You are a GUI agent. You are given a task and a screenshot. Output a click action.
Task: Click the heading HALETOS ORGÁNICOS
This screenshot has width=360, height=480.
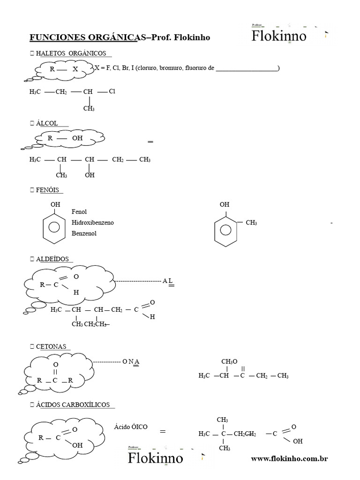pos(71,53)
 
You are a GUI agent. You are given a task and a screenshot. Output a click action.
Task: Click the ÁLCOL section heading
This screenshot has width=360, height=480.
pos(47,123)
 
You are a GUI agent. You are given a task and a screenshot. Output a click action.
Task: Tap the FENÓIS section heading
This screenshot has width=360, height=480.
pos(47,190)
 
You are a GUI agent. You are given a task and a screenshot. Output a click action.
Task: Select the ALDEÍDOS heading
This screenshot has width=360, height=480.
pos(52,259)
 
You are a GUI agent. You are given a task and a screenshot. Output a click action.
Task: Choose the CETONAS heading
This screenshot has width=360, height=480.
pos(51,346)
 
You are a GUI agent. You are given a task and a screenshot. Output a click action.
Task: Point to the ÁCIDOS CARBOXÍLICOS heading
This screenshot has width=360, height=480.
pos(73,405)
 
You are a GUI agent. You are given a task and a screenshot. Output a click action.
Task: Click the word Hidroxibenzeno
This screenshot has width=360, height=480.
pos(92,223)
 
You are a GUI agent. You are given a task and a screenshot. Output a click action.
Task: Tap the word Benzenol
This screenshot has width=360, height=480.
pos(84,233)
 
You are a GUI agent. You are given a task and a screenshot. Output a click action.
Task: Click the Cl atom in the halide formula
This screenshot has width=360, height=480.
pos(112,91)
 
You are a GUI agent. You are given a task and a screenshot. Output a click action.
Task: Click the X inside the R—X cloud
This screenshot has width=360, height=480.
pos(75,69)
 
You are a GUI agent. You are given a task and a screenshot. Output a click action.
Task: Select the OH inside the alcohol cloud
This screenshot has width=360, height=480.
pos(77,138)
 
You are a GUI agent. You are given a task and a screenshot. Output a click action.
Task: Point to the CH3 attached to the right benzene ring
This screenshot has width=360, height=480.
pos(251,223)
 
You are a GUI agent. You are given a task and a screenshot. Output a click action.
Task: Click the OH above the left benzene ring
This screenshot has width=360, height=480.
pos(55,204)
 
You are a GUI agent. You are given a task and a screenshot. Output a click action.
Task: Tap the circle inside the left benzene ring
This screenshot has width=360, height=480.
pos(54,227)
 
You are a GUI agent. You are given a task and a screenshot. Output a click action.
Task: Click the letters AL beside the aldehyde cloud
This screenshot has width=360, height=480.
pos(168,281)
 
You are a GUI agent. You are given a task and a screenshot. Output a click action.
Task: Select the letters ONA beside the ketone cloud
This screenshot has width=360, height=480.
pos(131,361)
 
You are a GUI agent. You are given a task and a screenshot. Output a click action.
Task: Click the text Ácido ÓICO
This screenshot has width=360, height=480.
pos(131,427)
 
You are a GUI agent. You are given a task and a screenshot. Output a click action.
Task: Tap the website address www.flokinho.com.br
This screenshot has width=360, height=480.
pos(289,458)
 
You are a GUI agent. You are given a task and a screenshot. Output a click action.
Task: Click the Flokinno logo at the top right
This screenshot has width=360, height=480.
pos(279,36)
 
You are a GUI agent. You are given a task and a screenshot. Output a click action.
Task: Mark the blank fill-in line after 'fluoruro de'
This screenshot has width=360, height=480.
pos(247,70)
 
